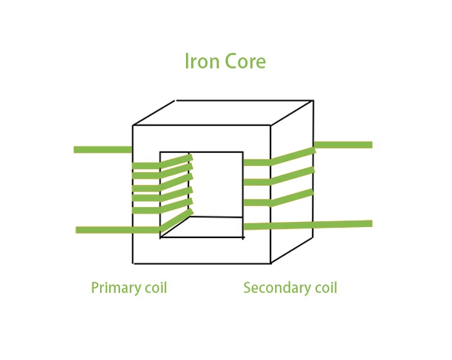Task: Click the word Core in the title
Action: (245, 61)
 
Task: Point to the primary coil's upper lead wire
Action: (103, 150)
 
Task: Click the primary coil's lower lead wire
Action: (118, 230)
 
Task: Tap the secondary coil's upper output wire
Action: (344, 145)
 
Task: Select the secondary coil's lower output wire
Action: (308, 225)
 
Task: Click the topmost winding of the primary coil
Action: (162, 163)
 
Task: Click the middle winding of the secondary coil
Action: (279, 177)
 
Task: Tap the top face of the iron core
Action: (223, 113)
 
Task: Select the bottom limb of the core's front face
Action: (201, 250)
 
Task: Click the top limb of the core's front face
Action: (201, 139)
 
